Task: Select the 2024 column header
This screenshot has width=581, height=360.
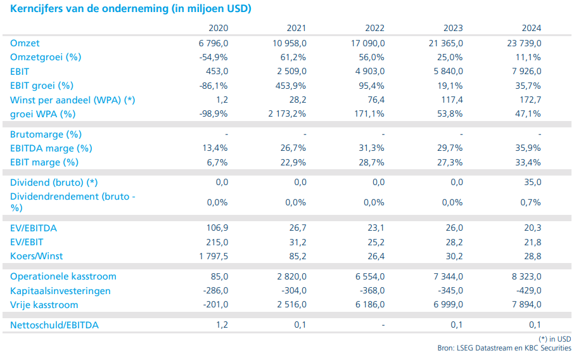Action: pos(532,29)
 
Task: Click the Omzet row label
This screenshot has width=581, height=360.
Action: pos(25,43)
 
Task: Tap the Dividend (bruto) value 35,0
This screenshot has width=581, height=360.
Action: pos(531,183)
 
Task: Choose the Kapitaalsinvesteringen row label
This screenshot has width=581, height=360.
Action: pos(60,291)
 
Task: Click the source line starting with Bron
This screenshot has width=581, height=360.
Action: pos(504,348)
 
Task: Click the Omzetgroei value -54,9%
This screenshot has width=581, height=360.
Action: pos(212,57)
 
